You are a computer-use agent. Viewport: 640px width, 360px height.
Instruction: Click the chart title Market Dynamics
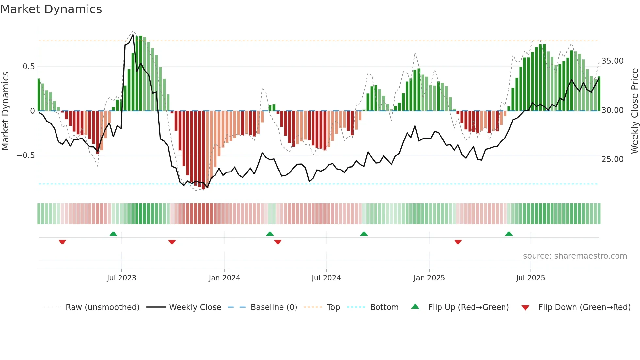pos(51,9)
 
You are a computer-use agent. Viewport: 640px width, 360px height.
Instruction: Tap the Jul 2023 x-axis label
pos(121,278)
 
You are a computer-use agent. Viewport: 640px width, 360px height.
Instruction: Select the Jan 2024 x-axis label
pos(224,278)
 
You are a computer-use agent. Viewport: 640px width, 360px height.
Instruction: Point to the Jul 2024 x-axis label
pos(326,278)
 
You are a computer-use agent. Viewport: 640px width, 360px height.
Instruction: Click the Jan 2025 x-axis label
pos(429,278)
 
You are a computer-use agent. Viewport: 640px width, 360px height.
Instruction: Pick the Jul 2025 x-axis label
pos(530,278)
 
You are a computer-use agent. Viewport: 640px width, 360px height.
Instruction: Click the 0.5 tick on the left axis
pos(28,67)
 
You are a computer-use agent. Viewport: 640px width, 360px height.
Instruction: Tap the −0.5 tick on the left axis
pos(25,155)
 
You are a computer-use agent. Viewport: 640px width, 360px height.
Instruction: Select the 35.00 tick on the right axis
pos(613,61)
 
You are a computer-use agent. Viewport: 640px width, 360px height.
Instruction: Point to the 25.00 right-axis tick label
pos(613,159)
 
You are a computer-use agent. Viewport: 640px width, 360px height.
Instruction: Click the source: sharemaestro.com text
pos(575,256)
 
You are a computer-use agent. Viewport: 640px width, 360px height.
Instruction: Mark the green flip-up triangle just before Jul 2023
pos(113,234)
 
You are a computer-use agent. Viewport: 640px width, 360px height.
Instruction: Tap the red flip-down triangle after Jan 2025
pos(458,242)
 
